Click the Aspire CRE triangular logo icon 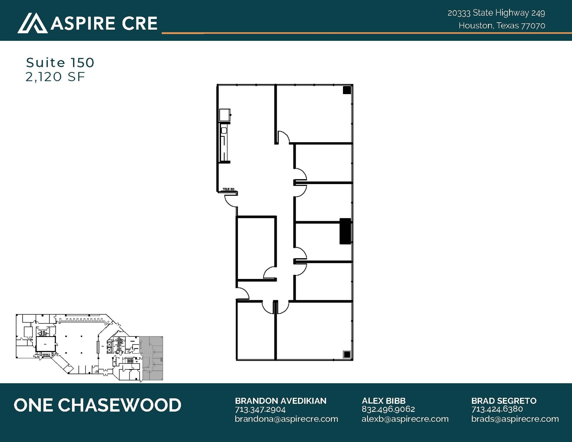[32, 23]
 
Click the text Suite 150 [60, 63]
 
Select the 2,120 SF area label [55, 77]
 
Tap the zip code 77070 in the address [533, 26]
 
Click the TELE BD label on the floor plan [228, 189]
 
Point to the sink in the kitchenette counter [224, 130]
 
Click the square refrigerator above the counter [225, 115]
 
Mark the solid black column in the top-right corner [347, 90]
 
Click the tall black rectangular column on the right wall [345, 231]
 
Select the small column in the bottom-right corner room [347, 354]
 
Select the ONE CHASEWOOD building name [97, 405]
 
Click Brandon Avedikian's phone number [260, 410]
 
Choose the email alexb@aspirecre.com [405, 419]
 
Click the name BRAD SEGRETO [504, 401]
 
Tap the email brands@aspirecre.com [515, 419]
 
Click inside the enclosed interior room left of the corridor [256, 247]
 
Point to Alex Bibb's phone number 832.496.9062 [388, 409]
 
